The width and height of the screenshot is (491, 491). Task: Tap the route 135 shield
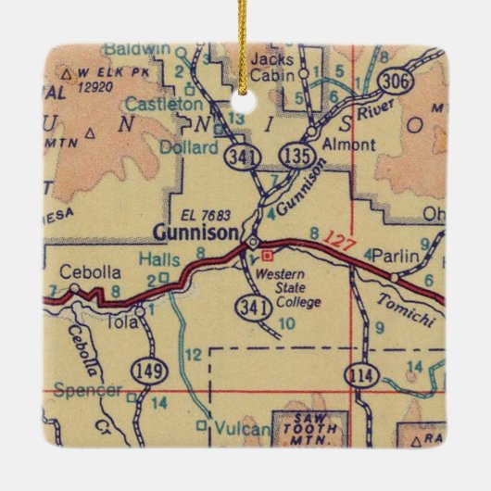point(298,153)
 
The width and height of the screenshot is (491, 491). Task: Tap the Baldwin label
point(138,46)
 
